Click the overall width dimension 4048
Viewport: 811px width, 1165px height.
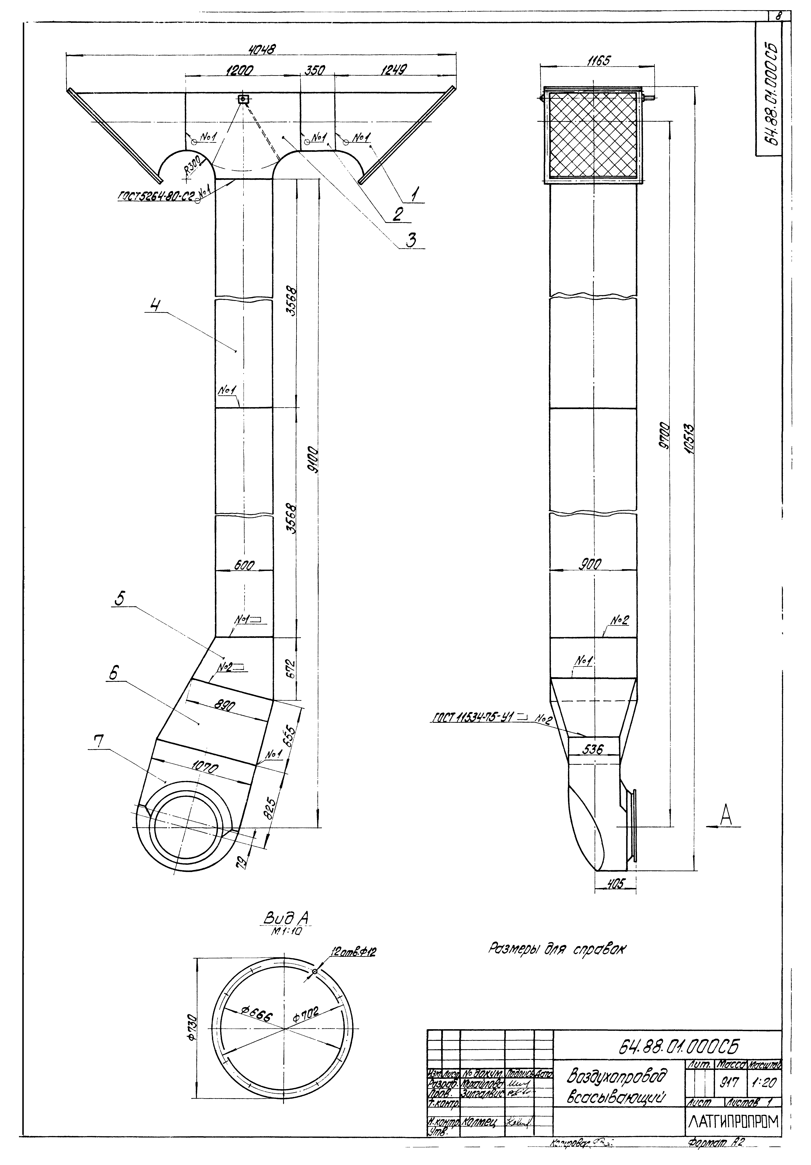261,50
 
